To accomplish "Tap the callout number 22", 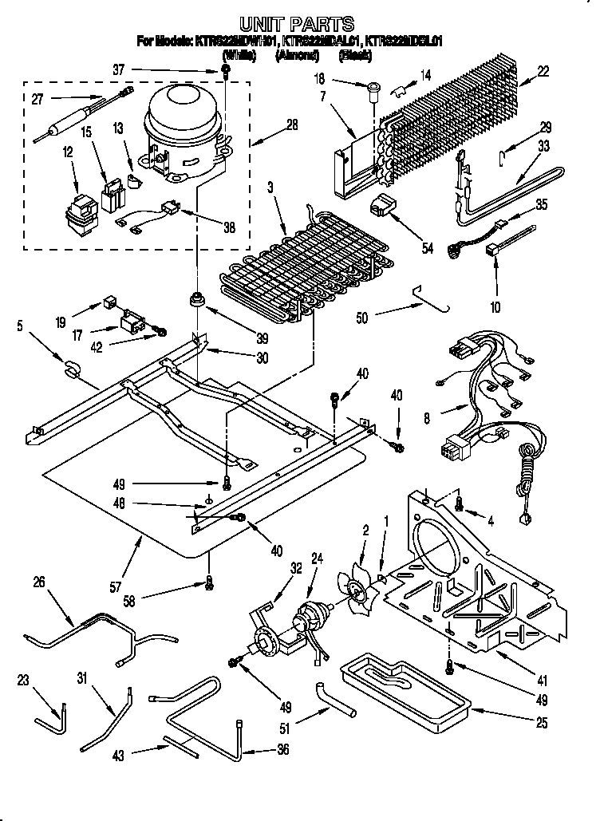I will pyautogui.click(x=543, y=72).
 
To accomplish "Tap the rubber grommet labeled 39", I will pyautogui.click(x=195, y=302).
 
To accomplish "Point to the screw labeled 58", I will pyautogui.click(x=209, y=586).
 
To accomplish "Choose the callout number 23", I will pyautogui.click(x=22, y=681).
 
